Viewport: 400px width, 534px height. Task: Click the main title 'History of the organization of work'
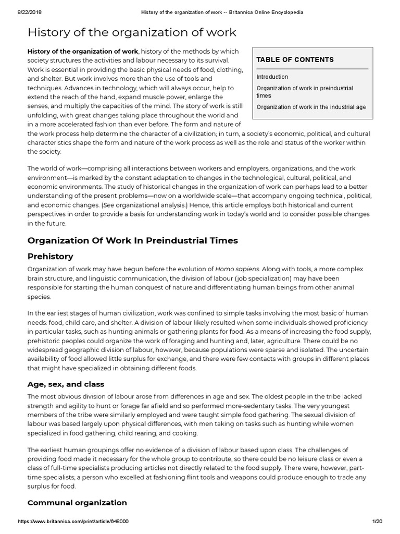(132, 33)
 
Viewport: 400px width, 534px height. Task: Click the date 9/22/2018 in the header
(18, 12)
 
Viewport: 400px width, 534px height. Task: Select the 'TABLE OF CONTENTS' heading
(295, 60)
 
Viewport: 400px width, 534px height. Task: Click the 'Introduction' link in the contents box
(272, 77)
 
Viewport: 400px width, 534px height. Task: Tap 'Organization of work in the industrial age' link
(311, 107)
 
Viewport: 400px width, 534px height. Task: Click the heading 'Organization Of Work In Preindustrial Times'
(132, 240)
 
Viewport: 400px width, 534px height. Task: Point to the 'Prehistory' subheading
(50, 257)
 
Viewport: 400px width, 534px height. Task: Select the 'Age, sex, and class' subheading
(66, 384)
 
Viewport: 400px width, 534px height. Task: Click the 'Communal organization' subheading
(77, 503)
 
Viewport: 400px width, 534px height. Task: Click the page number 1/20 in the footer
(378, 521)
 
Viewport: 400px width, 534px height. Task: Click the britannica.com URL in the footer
(73, 521)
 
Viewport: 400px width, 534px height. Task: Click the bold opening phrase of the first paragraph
(83, 51)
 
